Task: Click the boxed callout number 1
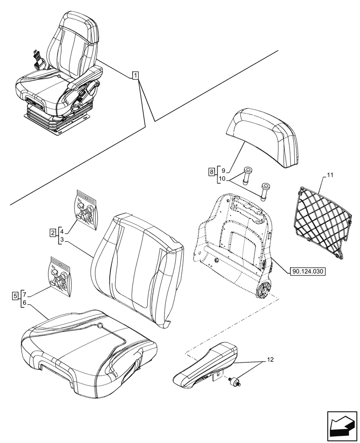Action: point(136,75)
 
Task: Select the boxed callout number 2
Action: point(53,232)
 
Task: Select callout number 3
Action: point(62,240)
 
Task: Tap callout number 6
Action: point(25,303)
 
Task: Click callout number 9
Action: point(223,171)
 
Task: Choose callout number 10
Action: point(223,179)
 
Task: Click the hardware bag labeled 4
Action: point(85,210)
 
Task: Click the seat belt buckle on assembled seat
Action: point(36,58)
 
